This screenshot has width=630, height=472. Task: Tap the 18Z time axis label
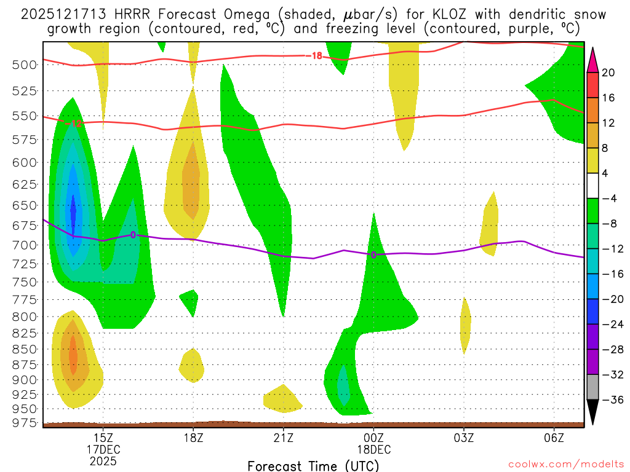pyautogui.click(x=193, y=437)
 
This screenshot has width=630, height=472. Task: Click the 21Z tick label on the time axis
pyautogui.click(x=283, y=437)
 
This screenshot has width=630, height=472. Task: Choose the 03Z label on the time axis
pyautogui.click(x=464, y=437)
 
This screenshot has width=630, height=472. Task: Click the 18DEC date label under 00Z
pyautogui.click(x=373, y=449)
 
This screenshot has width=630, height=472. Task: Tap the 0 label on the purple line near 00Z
pyautogui.click(x=373, y=254)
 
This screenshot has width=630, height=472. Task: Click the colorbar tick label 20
pyautogui.click(x=608, y=73)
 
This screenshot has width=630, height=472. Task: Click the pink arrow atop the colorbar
pyautogui.click(x=592, y=60)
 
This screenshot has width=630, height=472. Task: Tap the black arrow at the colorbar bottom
pyautogui.click(x=592, y=412)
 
